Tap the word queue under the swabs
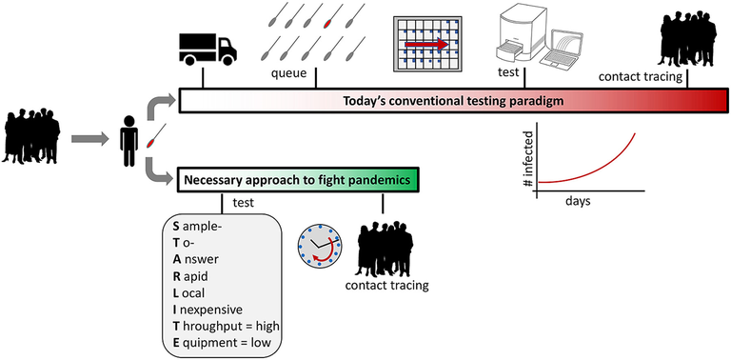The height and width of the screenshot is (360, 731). click(x=290, y=73)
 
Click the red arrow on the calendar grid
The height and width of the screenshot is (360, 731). click(x=426, y=44)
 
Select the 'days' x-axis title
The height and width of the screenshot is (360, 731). click(x=578, y=202)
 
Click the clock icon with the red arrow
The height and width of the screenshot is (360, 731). click(x=320, y=246)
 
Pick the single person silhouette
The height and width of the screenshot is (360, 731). click(x=129, y=141)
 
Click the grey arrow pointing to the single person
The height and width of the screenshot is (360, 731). click(x=89, y=138)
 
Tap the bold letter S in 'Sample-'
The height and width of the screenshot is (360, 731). click(x=176, y=226)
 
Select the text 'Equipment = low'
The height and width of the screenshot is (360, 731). click(x=222, y=343)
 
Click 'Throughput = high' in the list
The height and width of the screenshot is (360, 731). click(x=226, y=326)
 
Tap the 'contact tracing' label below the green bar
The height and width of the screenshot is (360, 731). click(x=386, y=285)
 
